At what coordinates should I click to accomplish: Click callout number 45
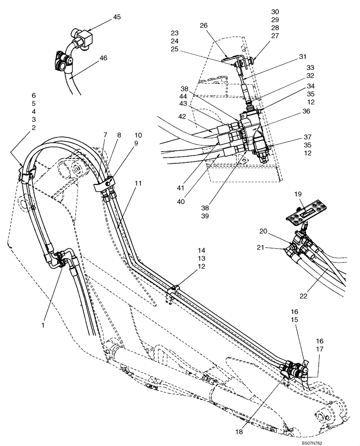116,17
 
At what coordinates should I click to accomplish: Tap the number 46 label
103,58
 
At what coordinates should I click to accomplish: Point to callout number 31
303,57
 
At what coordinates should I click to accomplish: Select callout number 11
138,183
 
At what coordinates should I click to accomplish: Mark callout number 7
105,135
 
